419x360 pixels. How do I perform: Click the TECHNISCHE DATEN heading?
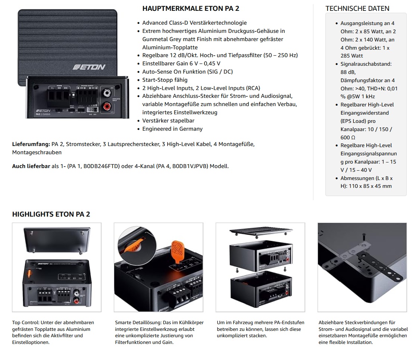[357, 9]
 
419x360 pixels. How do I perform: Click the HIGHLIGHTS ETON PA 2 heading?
[51, 214]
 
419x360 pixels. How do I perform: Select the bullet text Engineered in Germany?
[172, 129]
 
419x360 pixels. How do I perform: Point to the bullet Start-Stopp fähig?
[165, 80]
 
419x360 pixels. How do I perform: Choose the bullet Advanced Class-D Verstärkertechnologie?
[194, 23]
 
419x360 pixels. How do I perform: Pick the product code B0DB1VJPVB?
[191, 166]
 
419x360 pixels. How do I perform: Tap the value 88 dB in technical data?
[348, 72]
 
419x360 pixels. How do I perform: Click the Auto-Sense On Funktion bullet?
[187, 72]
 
